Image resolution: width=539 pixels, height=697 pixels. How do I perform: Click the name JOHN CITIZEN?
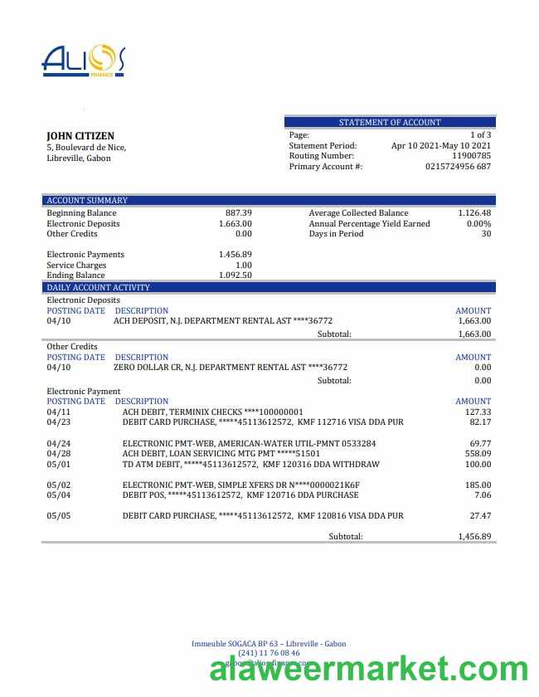coord(80,136)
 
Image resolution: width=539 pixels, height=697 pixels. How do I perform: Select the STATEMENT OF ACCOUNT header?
coord(390,122)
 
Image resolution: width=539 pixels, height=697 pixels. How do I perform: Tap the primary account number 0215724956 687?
coord(458,167)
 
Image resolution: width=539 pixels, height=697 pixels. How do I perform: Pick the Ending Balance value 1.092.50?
coord(236,275)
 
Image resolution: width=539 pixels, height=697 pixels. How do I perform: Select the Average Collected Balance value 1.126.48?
coord(474,213)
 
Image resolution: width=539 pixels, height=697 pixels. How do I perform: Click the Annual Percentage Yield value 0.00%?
coord(478,224)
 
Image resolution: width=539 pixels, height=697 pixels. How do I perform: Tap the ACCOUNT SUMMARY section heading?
coord(87,200)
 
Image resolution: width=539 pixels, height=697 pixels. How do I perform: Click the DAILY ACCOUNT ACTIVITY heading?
coord(98,287)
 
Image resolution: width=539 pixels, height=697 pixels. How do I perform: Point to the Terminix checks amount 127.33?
coord(478,412)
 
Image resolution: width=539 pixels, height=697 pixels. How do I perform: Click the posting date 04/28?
coord(59,454)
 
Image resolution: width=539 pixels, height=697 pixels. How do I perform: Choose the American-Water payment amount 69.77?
coord(480,443)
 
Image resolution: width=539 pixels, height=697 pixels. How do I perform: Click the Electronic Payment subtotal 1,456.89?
coord(474,537)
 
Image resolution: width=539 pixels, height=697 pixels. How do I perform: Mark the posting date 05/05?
coord(59,516)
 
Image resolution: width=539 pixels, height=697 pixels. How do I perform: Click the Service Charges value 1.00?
coord(244,266)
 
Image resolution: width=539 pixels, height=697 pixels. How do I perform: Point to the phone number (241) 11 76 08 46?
coord(269,653)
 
